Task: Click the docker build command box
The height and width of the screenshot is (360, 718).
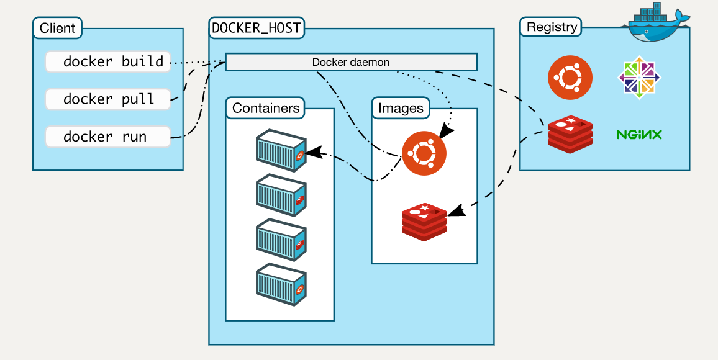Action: [x=108, y=62]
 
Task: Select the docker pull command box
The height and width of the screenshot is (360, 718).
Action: [x=108, y=99]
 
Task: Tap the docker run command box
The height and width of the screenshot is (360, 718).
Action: [x=108, y=137]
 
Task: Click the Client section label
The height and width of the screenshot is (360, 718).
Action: [x=57, y=28]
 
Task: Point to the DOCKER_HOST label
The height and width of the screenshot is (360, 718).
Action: [x=256, y=28]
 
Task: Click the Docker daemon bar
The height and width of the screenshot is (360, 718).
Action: [x=351, y=62]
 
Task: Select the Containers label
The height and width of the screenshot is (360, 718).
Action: [x=266, y=109]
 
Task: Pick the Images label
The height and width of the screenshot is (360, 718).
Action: [x=401, y=109]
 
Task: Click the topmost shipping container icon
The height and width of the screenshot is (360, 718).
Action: [x=281, y=149]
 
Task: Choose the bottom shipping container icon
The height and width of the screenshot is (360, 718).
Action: [x=281, y=282]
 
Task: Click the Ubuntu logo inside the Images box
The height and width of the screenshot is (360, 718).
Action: [x=424, y=153]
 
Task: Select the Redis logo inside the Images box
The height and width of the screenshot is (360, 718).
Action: [x=424, y=221]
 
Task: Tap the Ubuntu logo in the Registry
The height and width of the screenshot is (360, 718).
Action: [x=570, y=78]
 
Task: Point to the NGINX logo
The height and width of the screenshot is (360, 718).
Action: [x=639, y=134]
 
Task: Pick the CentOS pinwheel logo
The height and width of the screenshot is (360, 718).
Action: [x=640, y=78]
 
